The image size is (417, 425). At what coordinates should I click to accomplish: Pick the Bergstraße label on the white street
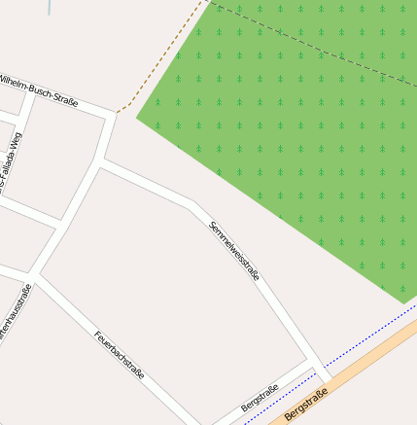tap(260, 398)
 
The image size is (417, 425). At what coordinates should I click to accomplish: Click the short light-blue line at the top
tap(49, 7)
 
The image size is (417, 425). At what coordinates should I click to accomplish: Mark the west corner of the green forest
tap(137, 120)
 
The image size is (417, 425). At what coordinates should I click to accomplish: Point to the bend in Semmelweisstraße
tap(192, 204)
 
